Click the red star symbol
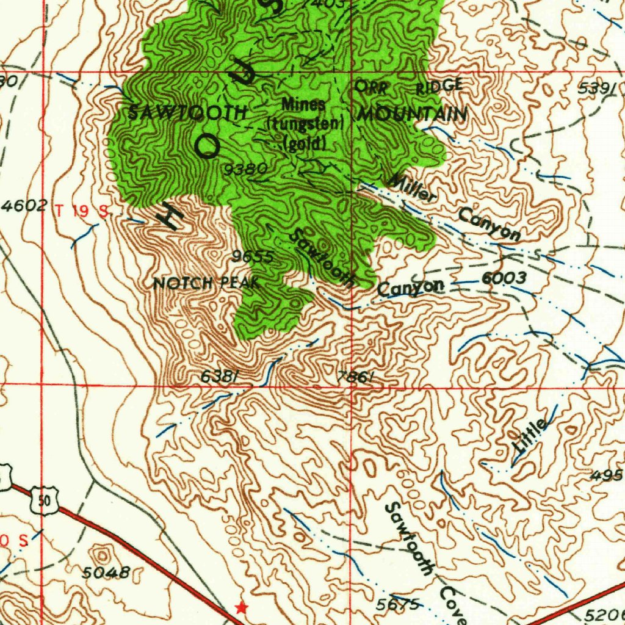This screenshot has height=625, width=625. point(242,607)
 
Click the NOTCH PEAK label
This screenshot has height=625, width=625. point(206,283)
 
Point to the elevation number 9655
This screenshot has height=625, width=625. point(252,257)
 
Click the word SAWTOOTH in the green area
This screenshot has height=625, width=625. point(187,113)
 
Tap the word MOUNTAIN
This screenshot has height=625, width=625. point(413,114)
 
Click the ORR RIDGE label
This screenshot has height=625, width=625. point(409,87)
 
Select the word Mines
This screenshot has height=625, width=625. point(303,104)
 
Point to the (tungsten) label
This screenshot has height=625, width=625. point(306,124)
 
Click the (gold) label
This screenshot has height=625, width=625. point(305,143)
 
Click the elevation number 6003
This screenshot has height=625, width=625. point(504,278)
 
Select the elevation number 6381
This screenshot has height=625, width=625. point(219,378)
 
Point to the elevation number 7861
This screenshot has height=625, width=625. point(355,378)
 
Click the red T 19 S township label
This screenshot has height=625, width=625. point(81,211)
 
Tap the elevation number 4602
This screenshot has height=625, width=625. point(24,206)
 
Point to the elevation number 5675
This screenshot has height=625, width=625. point(397,604)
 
